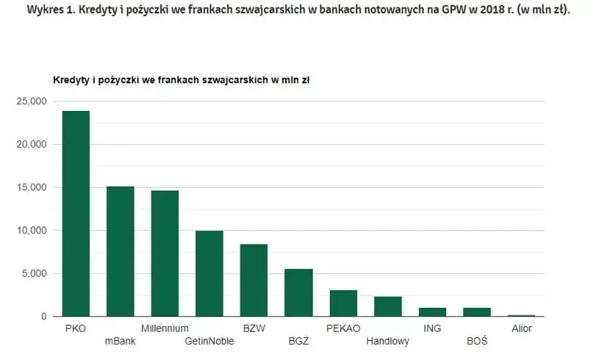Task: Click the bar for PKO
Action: tap(76, 214)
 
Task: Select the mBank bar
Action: tap(121, 251)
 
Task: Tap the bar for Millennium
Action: tap(165, 253)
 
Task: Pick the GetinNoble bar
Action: tap(209, 273)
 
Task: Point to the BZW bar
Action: tap(254, 280)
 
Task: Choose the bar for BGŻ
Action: tap(298, 292)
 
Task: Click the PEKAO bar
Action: tap(343, 303)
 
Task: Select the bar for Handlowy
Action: tap(387, 306)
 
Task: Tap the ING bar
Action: tap(432, 312)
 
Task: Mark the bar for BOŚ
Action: tap(476, 312)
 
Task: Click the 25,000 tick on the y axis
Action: tap(32, 101)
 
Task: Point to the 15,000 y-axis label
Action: tap(32, 187)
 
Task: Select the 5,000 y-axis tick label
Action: tap(34, 273)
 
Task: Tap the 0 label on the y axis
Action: tap(44, 317)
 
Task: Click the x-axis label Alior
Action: tap(521, 328)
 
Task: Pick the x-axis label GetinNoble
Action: tap(209, 342)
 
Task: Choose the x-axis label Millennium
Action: tap(165, 328)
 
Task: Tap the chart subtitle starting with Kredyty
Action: tap(181, 79)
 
